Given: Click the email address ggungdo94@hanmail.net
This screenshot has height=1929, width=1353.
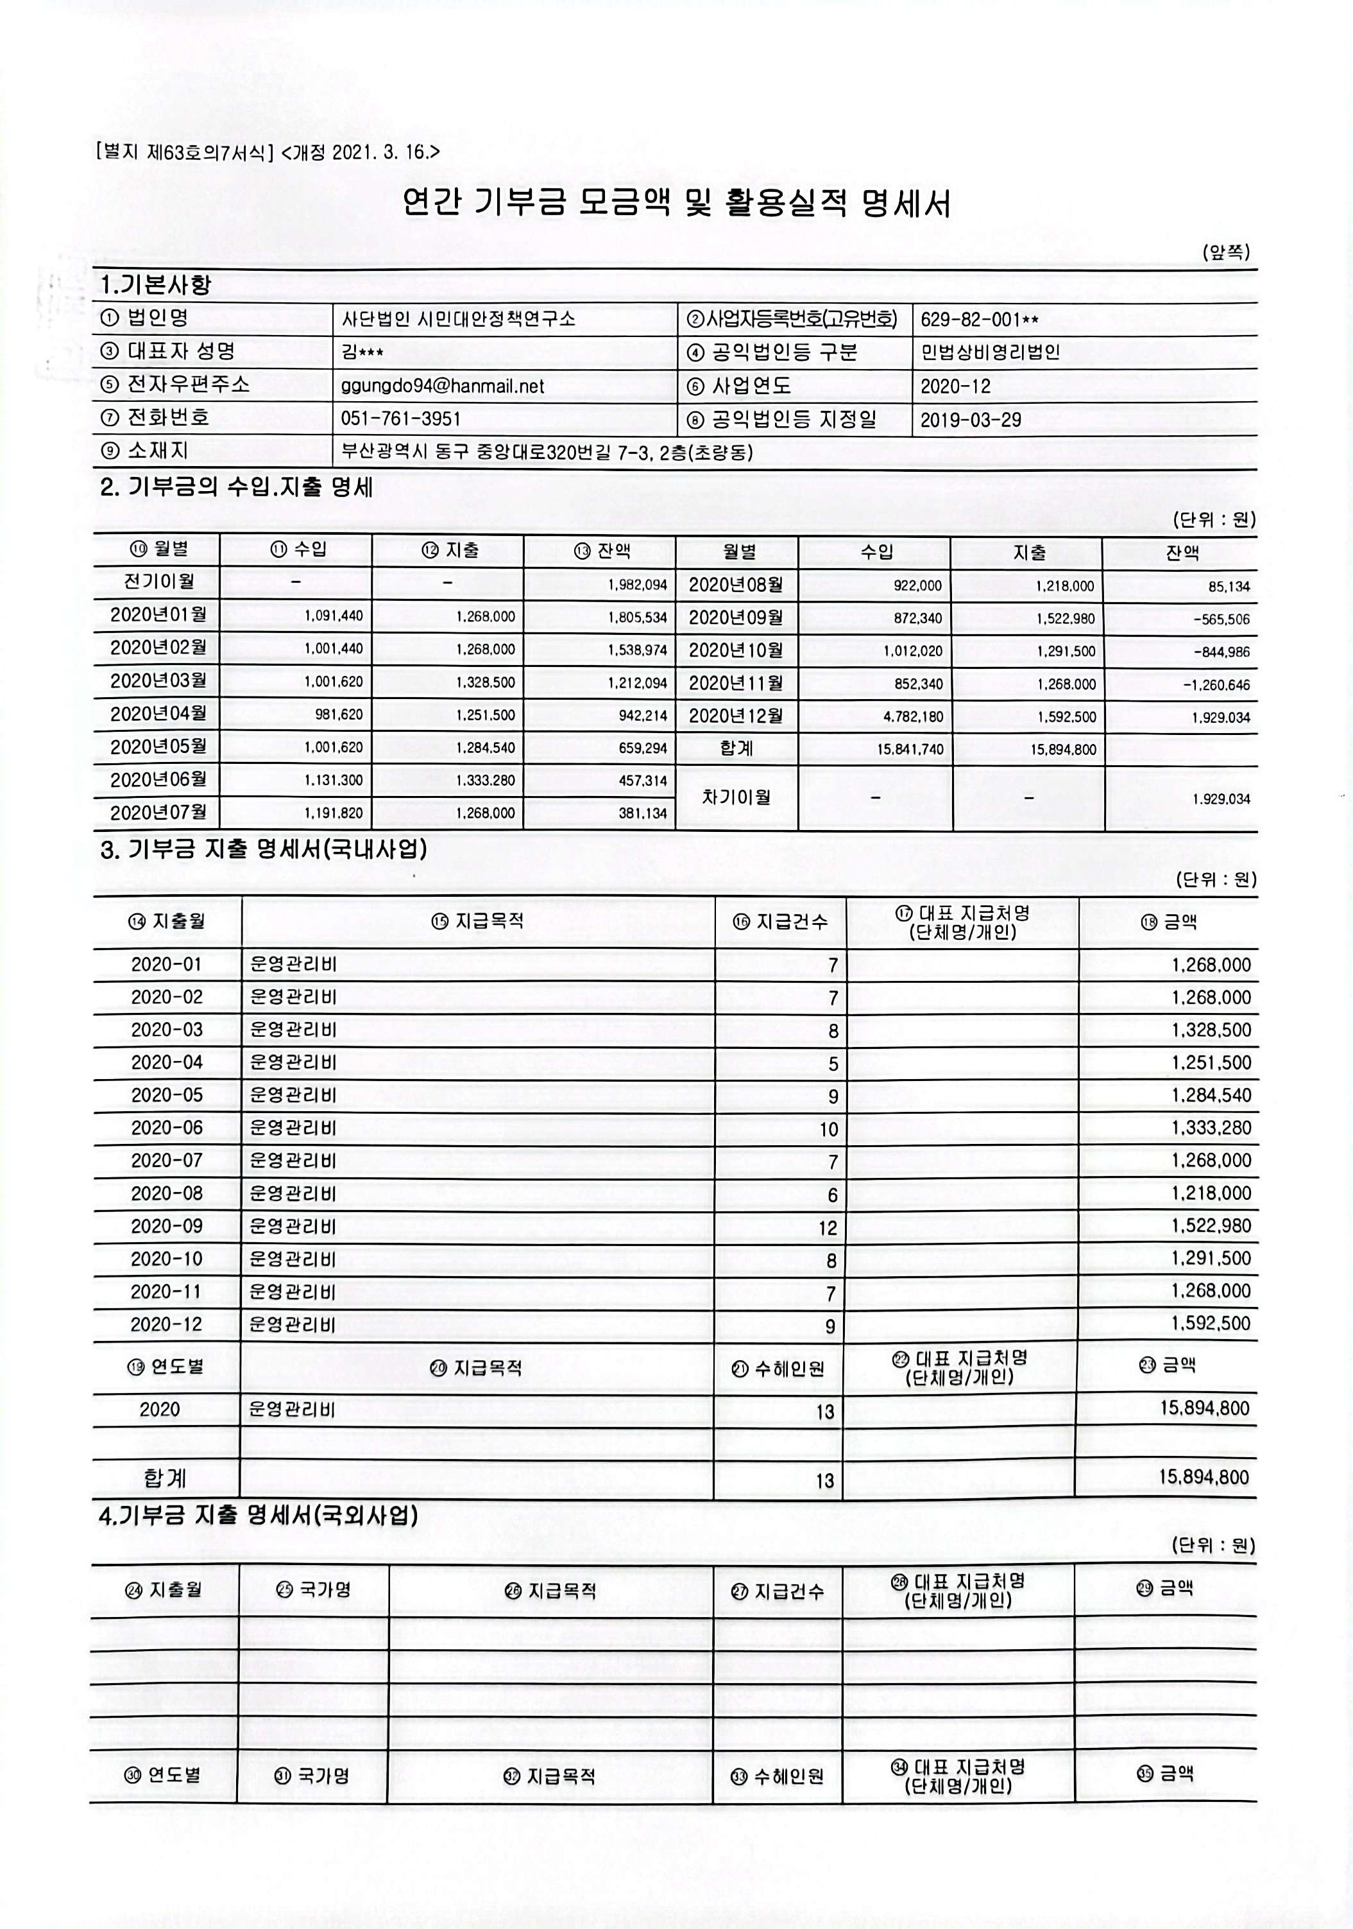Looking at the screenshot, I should click(443, 386).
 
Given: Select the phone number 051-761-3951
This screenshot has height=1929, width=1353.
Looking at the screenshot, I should click(400, 419).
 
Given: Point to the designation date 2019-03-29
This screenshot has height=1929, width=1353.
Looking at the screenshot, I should click(971, 419).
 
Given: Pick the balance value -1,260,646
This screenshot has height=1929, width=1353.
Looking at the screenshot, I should click(1216, 685).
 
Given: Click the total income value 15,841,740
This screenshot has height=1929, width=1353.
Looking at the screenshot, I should click(910, 749).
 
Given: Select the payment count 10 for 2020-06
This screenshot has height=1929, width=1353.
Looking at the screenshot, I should click(828, 1130).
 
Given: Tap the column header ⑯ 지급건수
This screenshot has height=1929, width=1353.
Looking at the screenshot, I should click(780, 922).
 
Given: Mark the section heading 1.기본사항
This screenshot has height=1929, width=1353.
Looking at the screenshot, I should click(155, 285).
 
